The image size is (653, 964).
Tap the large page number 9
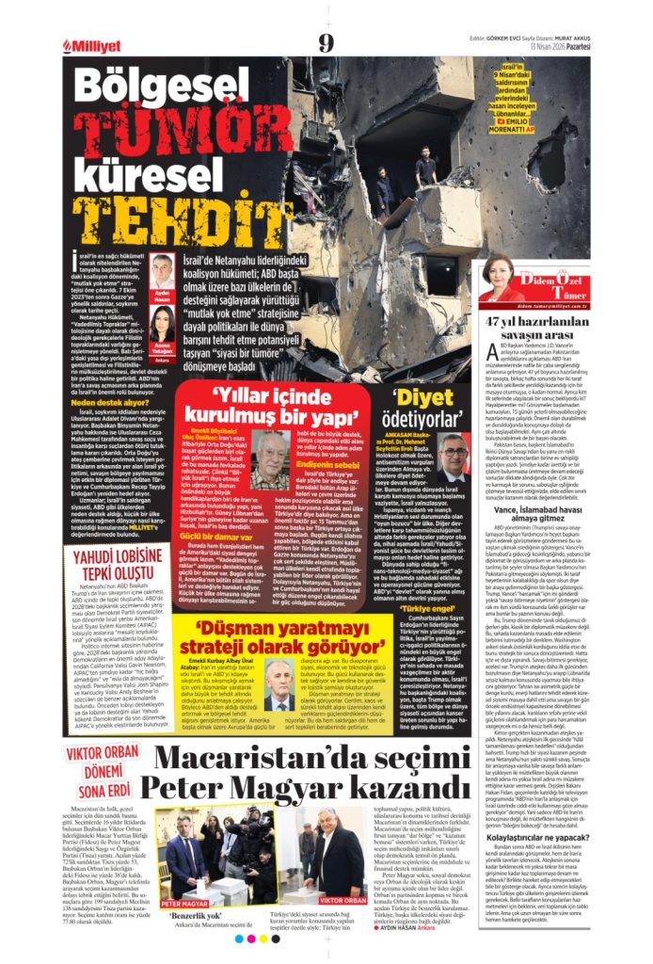coord(326,42)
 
